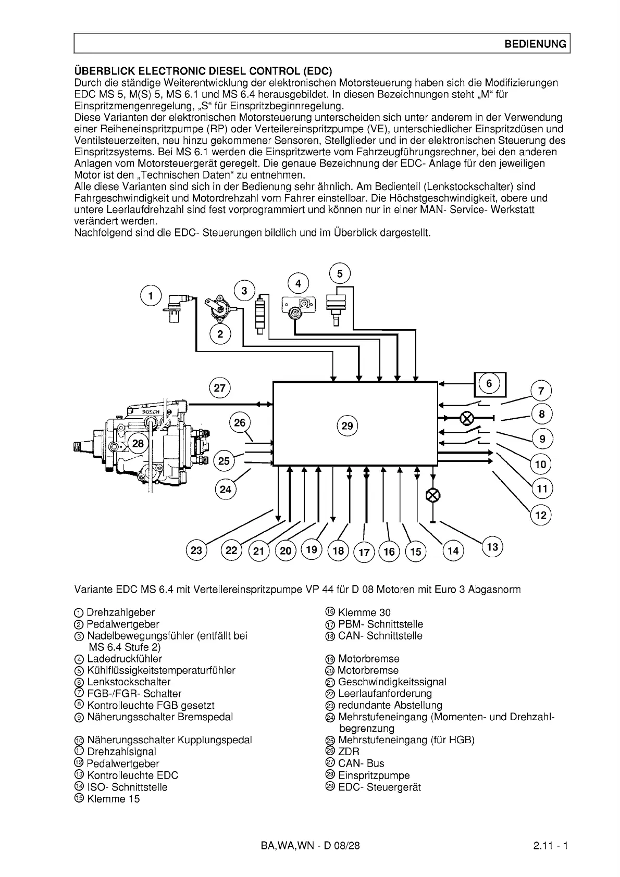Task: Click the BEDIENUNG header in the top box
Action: click(x=535, y=44)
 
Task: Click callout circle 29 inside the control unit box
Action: click(x=347, y=426)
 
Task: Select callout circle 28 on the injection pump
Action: click(x=138, y=444)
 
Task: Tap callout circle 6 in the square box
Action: click(x=489, y=384)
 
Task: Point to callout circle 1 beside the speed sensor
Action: click(x=151, y=296)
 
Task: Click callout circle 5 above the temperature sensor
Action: click(x=340, y=274)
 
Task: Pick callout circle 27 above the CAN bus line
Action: click(x=219, y=389)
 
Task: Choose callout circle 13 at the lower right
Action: click(x=492, y=547)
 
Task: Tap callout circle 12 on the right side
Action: click(x=541, y=516)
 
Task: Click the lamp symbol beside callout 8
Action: click(x=466, y=418)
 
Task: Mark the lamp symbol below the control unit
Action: click(x=432, y=495)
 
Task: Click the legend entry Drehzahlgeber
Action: click(x=120, y=612)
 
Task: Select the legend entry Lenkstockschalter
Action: click(x=128, y=682)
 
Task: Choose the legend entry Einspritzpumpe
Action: click(x=374, y=775)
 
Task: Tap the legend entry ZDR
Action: click(x=349, y=751)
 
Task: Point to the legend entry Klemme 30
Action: click(x=364, y=612)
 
